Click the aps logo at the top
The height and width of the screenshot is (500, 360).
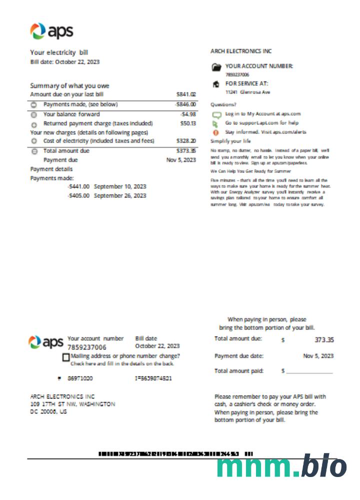tap(51, 31)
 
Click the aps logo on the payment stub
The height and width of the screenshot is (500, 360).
tap(46, 343)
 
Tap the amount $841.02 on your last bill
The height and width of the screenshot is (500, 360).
tap(186, 94)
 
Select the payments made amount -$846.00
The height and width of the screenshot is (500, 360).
tap(185, 104)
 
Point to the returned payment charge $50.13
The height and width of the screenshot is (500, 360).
tap(187, 123)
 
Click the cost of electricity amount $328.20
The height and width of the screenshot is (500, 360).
tap(186, 141)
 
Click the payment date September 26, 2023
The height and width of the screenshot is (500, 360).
tap(120, 195)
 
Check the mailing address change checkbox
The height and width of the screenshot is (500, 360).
tap(66, 357)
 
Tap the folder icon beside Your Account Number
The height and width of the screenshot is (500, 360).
tap(216, 66)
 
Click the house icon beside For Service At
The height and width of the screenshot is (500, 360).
tap(216, 84)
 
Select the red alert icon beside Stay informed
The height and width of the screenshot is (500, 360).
tap(216, 132)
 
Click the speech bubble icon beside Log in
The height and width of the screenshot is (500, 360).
tap(216, 114)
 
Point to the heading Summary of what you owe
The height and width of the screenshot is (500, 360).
tap(69, 85)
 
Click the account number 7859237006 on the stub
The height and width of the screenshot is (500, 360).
tap(86, 347)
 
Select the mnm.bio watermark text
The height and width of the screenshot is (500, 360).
tap(281, 467)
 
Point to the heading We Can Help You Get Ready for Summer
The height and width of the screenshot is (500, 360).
tap(250, 171)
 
